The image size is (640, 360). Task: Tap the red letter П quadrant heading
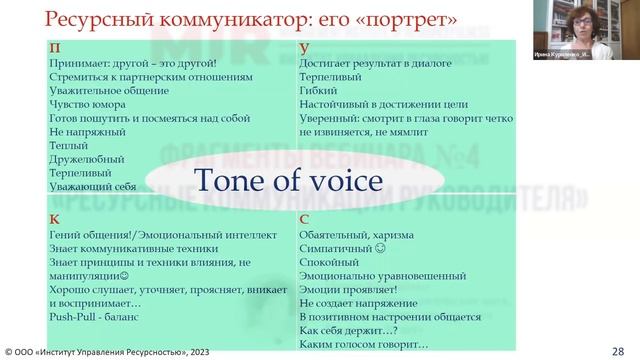[54, 46]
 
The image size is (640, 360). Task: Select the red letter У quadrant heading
[303, 46]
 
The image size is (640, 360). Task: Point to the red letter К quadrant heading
[53, 218]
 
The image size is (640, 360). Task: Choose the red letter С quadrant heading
[303, 218]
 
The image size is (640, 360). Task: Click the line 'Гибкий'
[317, 89]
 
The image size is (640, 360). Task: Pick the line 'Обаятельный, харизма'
[355, 233]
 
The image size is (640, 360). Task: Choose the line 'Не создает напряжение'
[355, 302]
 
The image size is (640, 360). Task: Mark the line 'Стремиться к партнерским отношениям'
[150, 75]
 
